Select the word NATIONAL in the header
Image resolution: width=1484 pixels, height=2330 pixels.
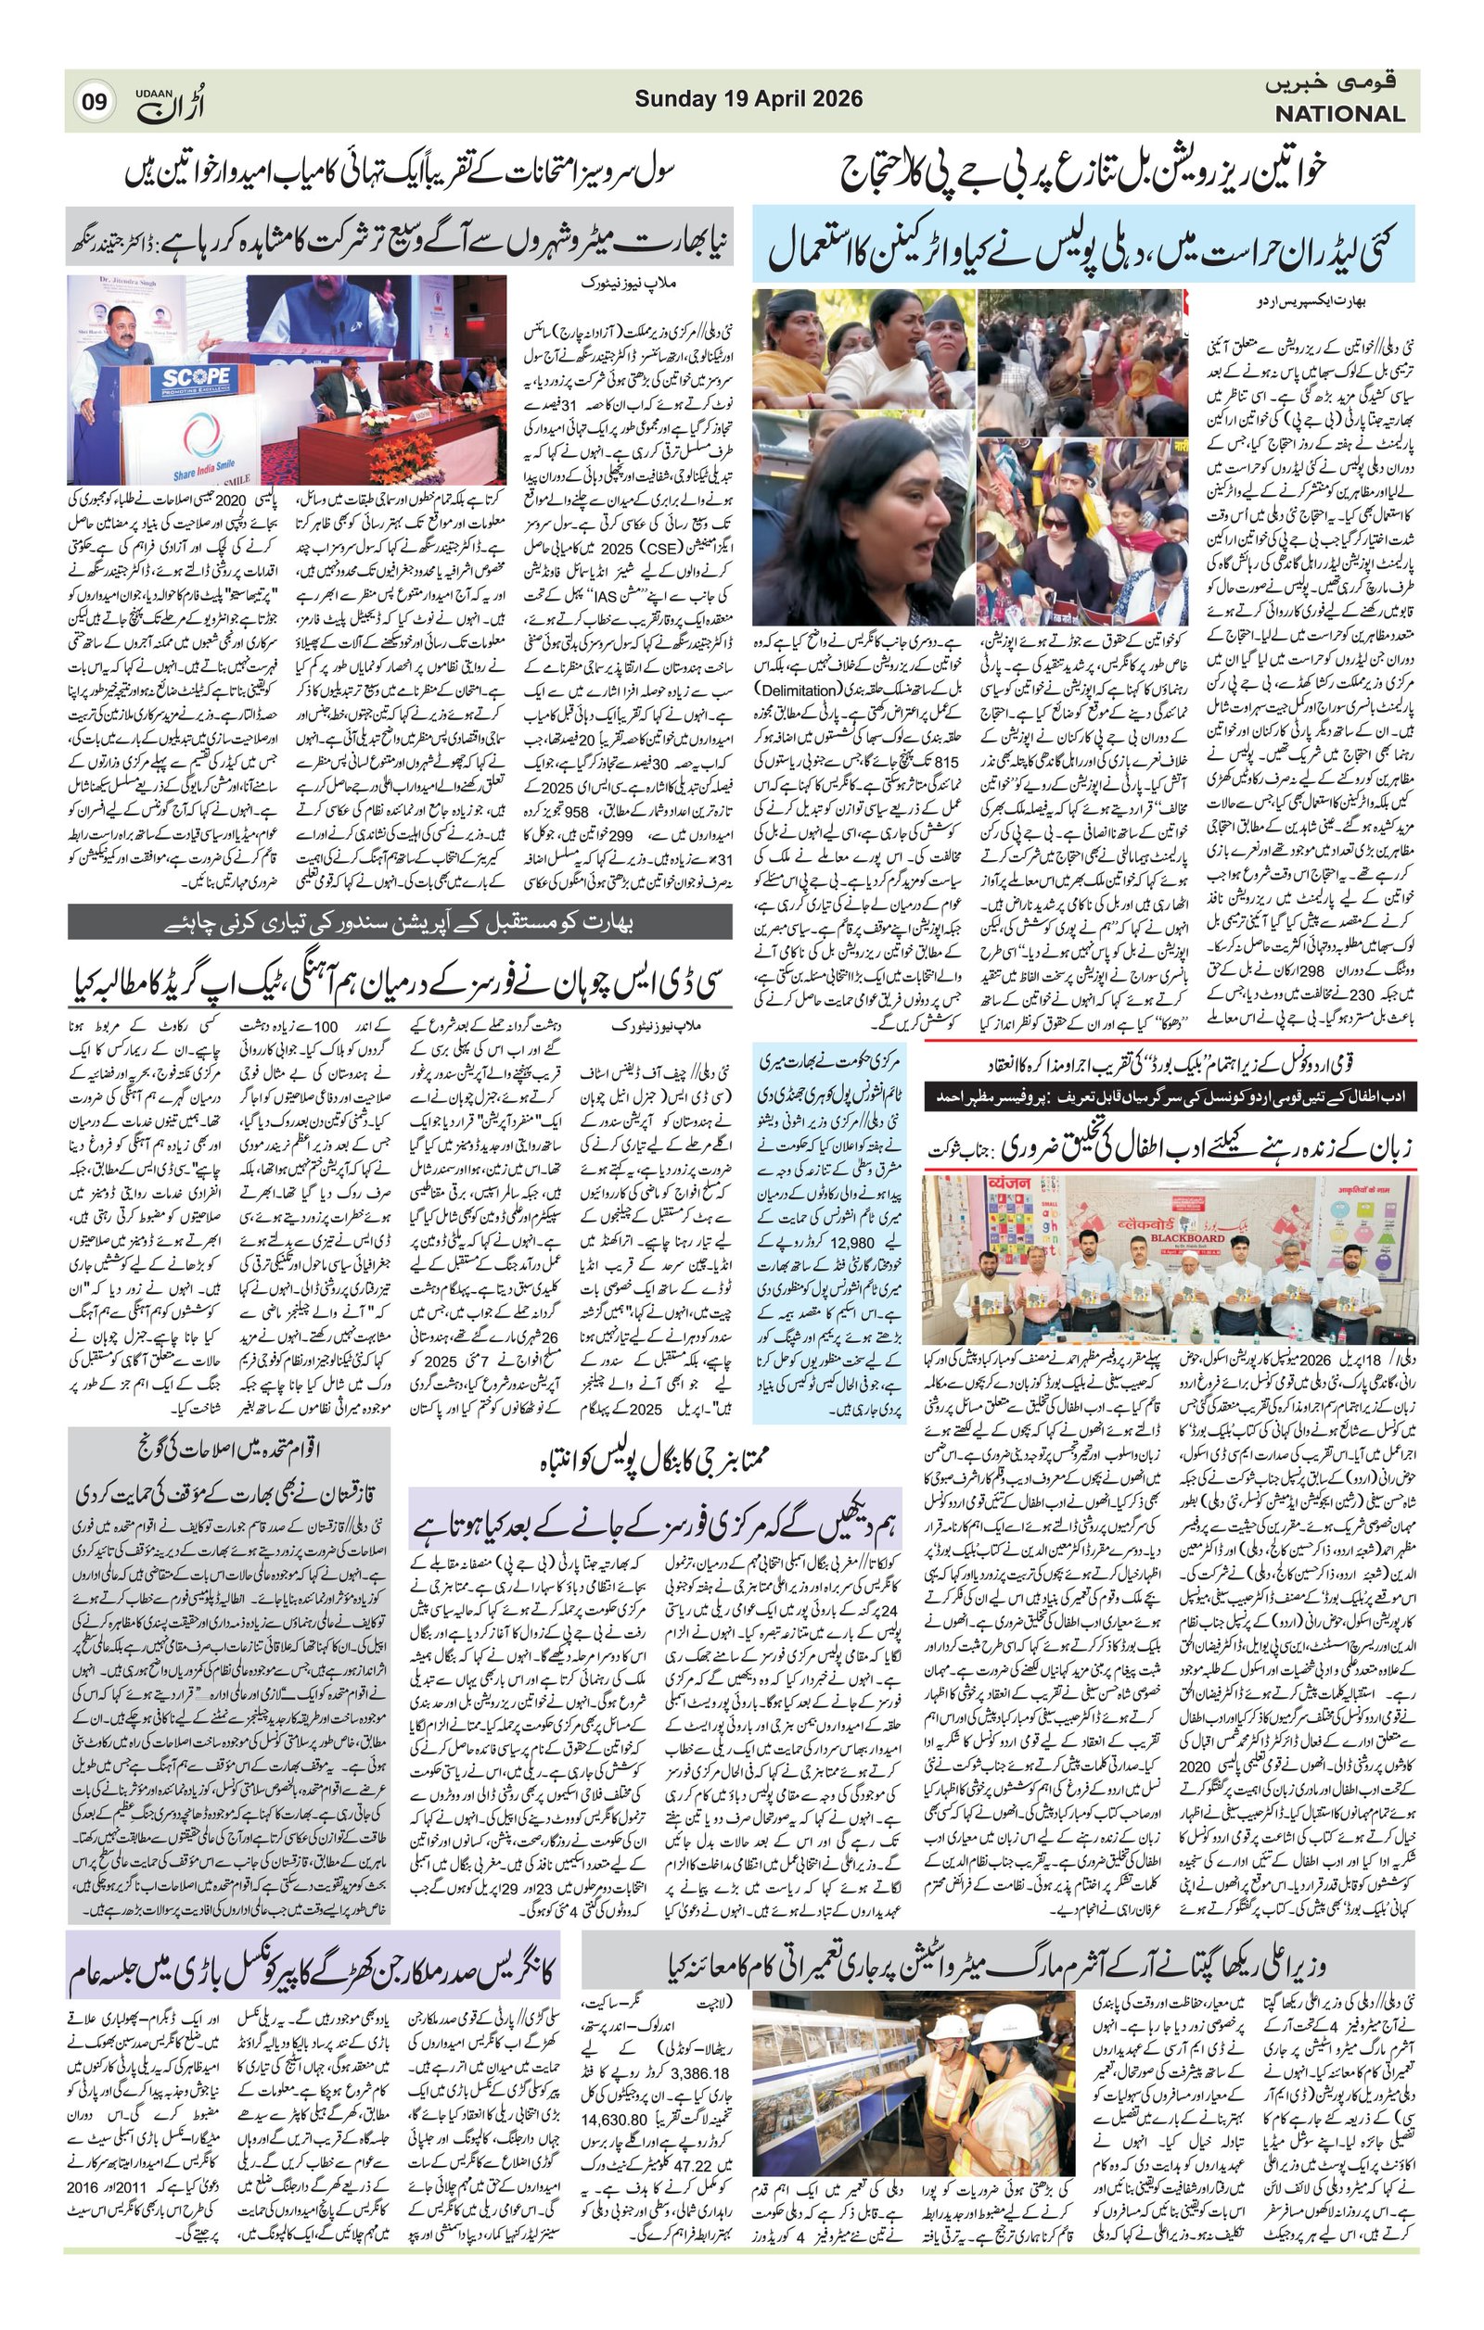coord(1338,114)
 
